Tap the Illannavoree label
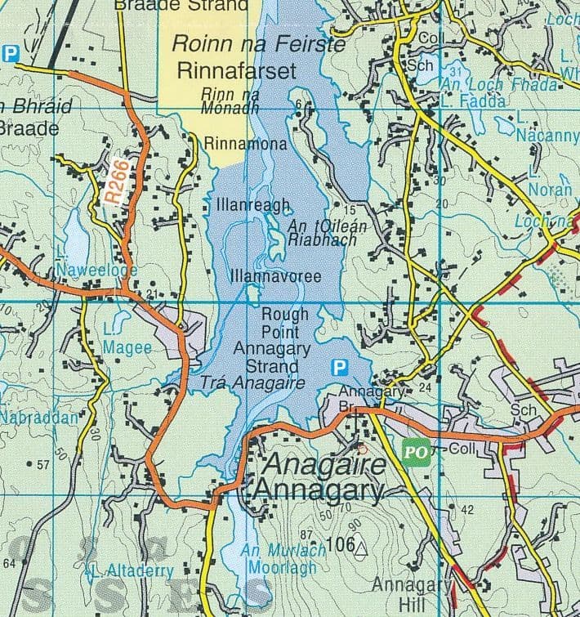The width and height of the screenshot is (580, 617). tap(275, 277)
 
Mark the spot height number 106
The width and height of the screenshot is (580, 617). tap(337, 544)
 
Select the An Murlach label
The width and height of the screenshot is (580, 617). tap(274, 551)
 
